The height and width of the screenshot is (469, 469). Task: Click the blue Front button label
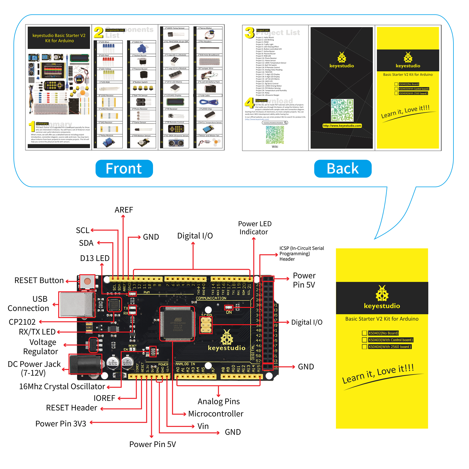[124, 169]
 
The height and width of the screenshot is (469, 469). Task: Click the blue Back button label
[343, 169]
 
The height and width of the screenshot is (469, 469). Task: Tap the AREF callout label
[124, 210]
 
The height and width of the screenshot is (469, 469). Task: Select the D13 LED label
[95, 258]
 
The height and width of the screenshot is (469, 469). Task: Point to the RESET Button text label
[39, 281]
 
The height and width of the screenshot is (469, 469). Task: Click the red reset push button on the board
[87, 282]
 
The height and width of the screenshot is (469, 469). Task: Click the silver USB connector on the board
[77, 305]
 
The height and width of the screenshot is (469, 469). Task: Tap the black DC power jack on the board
[85, 364]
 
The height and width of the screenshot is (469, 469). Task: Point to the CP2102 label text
[22, 322]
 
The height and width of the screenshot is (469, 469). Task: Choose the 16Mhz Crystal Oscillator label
[62, 386]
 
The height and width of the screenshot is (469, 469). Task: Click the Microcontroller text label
[216, 414]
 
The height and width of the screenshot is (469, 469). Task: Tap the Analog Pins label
[219, 401]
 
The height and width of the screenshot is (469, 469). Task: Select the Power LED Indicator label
[254, 228]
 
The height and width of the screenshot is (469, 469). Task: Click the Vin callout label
[203, 426]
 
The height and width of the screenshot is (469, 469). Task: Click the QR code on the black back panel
[342, 110]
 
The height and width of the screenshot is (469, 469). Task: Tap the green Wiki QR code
[275, 135]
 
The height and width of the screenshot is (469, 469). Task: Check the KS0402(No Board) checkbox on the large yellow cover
[364, 333]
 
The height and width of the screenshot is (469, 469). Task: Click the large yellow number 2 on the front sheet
[98, 33]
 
